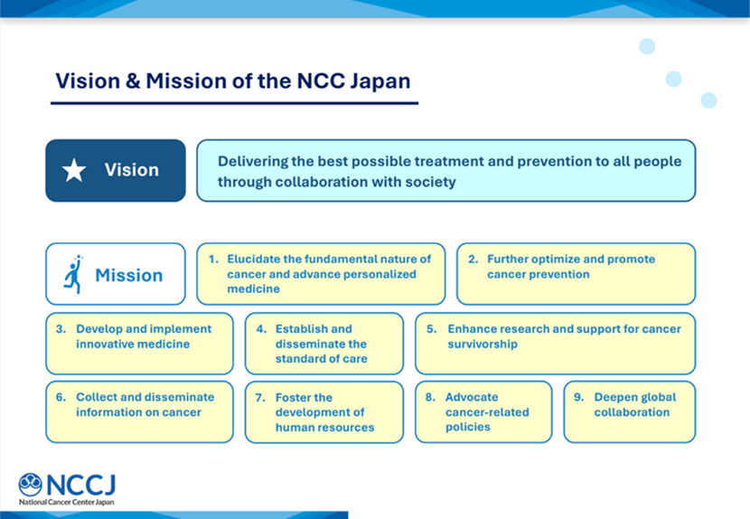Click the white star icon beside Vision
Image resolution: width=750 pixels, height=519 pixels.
pos(74,171)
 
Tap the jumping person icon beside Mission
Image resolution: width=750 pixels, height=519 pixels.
pos(73,274)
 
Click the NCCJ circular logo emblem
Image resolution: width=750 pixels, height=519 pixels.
pos(30,484)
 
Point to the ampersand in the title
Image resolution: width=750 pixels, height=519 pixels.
pos(133,80)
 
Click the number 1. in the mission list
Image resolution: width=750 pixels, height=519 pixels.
pos(213,259)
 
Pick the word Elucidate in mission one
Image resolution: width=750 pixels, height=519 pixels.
pos(254,259)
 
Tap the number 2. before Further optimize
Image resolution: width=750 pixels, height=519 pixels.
pos(473,259)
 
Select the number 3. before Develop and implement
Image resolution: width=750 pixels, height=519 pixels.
pos(61,329)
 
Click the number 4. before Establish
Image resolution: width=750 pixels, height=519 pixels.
pos(261,329)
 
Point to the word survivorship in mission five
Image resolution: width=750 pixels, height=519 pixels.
pos(483,344)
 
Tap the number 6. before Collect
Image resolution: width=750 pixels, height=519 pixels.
pos(61,397)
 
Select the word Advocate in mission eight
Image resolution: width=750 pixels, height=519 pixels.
pos(472,397)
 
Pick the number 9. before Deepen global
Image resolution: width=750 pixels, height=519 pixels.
pos(578,397)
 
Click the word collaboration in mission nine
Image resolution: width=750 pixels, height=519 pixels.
pos(632,412)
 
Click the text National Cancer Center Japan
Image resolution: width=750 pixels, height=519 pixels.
pos(67,502)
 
